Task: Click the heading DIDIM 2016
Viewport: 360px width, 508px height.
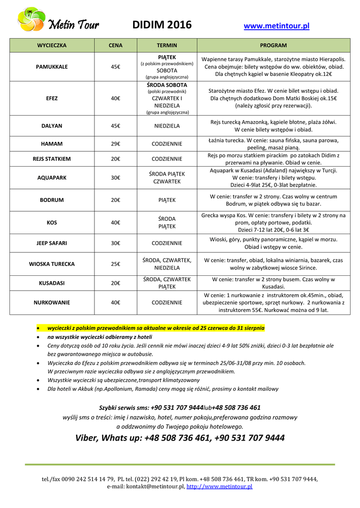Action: pyautogui.click(x=162, y=25)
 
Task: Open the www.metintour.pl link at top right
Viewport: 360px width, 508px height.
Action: pyautogui.click(x=277, y=26)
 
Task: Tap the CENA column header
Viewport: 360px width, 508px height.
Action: pyautogui.click(x=116, y=45)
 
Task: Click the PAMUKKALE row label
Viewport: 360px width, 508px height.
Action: pyautogui.click(x=52, y=66)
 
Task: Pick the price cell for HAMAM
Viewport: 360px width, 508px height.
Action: pyautogui.click(x=116, y=144)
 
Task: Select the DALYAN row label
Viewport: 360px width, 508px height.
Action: pyautogui.click(x=52, y=126)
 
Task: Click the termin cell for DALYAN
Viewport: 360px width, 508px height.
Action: pyautogui.click(x=167, y=126)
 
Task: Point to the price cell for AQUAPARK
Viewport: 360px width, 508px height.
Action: pyautogui.click(x=116, y=178)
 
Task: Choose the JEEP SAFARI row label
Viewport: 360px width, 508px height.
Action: pyautogui.click(x=52, y=243)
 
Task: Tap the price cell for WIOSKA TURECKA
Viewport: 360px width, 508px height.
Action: pyautogui.click(x=116, y=264)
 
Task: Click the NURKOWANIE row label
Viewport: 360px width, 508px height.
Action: pyautogui.click(x=52, y=302)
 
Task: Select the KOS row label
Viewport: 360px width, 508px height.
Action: pyautogui.click(x=52, y=223)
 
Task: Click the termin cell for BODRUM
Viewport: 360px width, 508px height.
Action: pyautogui.click(x=167, y=200)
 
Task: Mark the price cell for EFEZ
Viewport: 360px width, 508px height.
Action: pyautogui.click(x=116, y=98)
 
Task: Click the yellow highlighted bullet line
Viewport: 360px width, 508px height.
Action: pyautogui.click(x=156, y=328)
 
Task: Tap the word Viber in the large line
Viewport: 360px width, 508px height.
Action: pyautogui.click(x=87, y=438)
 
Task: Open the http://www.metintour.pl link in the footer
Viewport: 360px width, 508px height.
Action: pyautogui.click(x=219, y=487)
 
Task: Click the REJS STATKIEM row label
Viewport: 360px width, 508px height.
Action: pyautogui.click(x=52, y=159)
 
